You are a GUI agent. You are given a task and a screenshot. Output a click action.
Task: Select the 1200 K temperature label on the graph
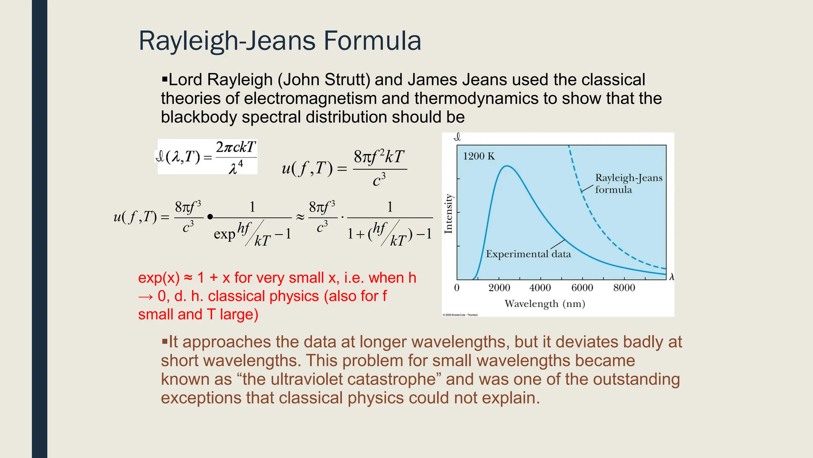pyautogui.click(x=479, y=156)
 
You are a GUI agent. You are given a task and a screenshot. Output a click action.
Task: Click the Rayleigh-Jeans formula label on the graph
pyautogui.click(x=628, y=183)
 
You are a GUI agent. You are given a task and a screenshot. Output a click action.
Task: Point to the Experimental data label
pyautogui.click(x=528, y=254)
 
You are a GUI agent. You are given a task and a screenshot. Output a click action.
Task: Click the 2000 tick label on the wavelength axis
pyautogui.click(x=499, y=288)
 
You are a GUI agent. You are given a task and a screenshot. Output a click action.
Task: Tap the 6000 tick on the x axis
pyautogui.click(x=582, y=288)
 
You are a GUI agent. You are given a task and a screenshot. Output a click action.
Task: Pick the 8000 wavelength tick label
pyautogui.click(x=624, y=288)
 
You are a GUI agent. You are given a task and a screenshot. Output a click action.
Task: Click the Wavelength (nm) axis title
pyautogui.click(x=545, y=304)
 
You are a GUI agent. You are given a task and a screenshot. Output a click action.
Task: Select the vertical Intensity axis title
pyautogui.click(x=449, y=213)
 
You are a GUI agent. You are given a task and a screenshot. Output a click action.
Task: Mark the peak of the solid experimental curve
pyautogui.click(x=507, y=166)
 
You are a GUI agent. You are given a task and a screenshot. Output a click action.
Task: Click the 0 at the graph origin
pyautogui.click(x=457, y=288)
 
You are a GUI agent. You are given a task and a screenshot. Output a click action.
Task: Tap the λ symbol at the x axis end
pyautogui.click(x=671, y=277)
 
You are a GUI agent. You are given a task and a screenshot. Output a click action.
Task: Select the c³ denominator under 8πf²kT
pyautogui.click(x=379, y=180)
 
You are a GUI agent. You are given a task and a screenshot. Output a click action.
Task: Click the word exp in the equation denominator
pyautogui.click(x=224, y=234)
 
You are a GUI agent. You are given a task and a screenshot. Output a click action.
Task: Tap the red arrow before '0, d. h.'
pyautogui.click(x=145, y=296)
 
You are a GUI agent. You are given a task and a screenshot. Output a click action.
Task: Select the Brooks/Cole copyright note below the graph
pyautogui.click(x=460, y=315)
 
